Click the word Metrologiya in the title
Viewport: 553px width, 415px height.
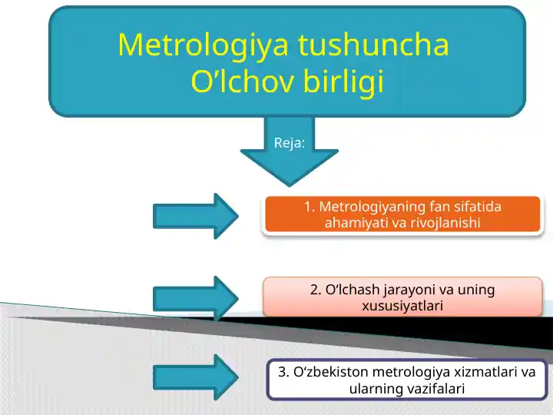(x=204, y=45)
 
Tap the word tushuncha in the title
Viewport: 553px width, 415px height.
(x=373, y=45)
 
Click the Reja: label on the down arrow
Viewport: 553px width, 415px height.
(x=290, y=143)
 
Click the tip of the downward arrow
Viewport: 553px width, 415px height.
(x=290, y=186)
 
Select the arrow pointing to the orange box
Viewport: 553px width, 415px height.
(x=196, y=216)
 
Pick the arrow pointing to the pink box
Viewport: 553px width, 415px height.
(x=196, y=299)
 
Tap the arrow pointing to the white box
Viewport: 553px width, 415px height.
(x=196, y=377)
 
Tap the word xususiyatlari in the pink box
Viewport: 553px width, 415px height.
(x=402, y=306)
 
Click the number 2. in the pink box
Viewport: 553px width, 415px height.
(x=316, y=290)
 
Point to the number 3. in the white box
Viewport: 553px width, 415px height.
(x=284, y=372)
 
